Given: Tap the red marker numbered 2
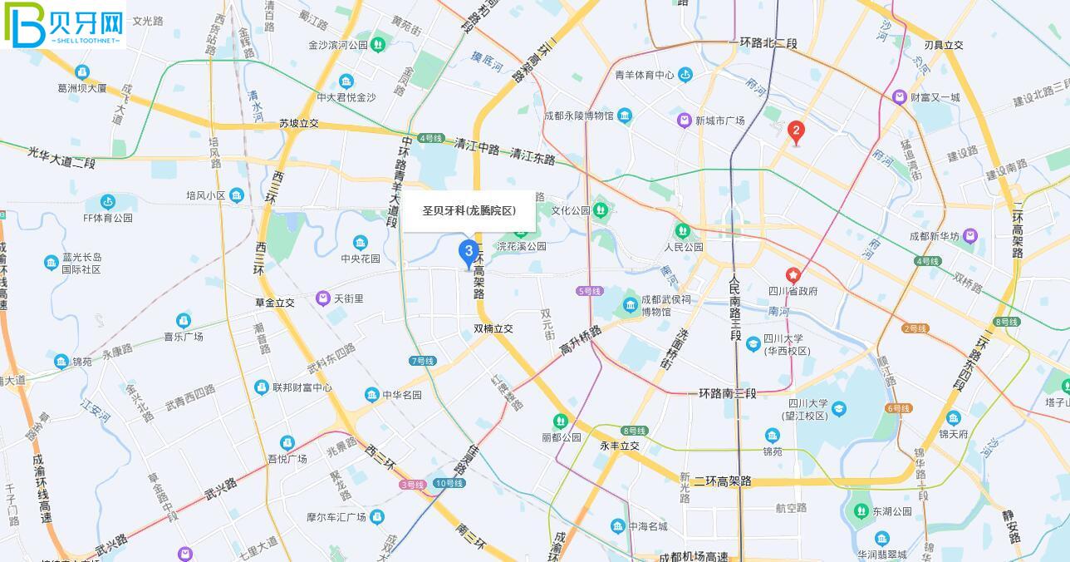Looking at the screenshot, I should coord(796,131).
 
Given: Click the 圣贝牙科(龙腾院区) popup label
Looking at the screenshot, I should coord(469,211).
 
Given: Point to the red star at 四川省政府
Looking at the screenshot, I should coord(793,275).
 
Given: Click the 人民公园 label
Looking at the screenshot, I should coord(684,247).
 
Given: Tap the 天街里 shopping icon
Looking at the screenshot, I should coord(323,298).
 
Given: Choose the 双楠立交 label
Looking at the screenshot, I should coord(493,328).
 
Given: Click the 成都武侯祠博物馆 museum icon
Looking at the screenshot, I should coord(631,305).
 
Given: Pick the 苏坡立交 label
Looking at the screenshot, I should coord(299,124).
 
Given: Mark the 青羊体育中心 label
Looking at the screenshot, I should coord(645,75).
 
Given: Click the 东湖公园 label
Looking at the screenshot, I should coord(892,511).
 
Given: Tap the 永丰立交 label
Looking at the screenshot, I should coord(620,446).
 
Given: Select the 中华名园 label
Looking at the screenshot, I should coord(402,395).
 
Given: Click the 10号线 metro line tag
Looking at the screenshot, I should coord(449,483).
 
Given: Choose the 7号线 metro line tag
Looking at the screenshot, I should coord(422,361).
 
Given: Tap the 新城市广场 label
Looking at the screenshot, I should coord(719,121).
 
